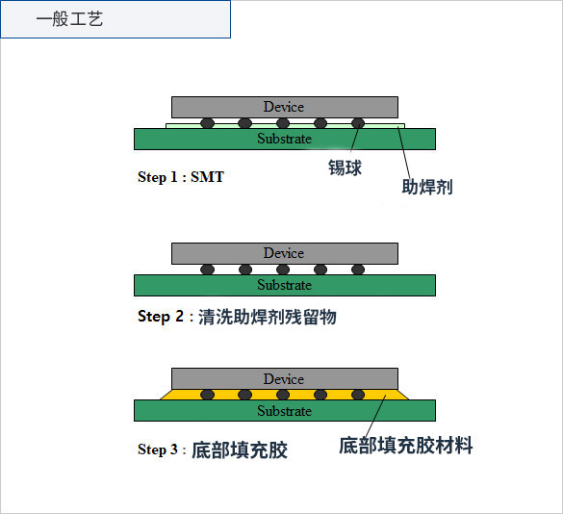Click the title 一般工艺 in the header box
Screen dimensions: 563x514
click(69, 18)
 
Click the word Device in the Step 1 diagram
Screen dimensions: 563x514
click(284, 107)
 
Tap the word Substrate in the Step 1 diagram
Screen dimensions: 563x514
click(284, 139)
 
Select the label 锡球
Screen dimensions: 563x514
click(345, 167)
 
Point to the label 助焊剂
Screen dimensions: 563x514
click(427, 187)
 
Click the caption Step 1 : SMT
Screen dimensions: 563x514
click(181, 177)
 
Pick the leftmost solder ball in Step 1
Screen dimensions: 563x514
click(208, 123)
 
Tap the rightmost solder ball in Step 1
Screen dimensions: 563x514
click(358, 123)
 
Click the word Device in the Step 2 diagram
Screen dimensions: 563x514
click(284, 253)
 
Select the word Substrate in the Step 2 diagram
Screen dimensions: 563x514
click(284, 285)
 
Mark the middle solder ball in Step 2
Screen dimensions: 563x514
click(283, 270)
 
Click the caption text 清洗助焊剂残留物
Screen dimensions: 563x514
click(268, 317)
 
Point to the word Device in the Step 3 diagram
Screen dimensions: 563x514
click(284, 379)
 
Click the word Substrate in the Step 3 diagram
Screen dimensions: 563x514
click(284, 411)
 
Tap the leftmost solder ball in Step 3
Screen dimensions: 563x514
click(208, 395)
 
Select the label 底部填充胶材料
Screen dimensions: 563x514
click(406, 446)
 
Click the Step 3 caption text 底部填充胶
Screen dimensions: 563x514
click(240, 450)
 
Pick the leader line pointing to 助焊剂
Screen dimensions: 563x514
click(404, 153)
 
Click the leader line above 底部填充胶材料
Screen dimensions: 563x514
click(375, 416)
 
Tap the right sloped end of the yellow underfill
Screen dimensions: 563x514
click(403, 395)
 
